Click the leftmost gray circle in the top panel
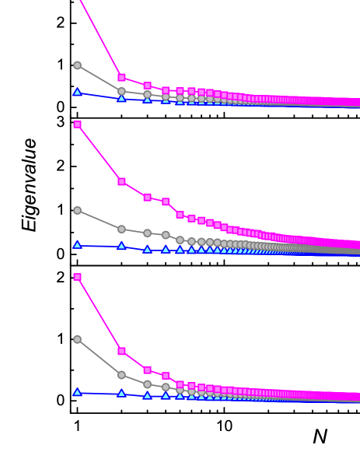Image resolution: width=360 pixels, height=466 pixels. [x=77, y=65]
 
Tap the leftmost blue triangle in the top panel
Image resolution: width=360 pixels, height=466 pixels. [x=77, y=92]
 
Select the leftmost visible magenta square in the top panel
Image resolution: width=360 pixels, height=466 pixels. [x=121, y=77]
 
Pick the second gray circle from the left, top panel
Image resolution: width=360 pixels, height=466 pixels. [x=121, y=91]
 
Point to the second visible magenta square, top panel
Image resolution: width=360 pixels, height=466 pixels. [x=147, y=86]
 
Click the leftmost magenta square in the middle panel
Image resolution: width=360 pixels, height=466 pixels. [x=77, y=124]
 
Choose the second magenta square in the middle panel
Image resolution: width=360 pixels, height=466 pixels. [x=121, y=181]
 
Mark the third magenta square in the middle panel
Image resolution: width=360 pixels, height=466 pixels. [x=147, y=197]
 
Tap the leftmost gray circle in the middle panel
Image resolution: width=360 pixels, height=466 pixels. [x=77, y=210]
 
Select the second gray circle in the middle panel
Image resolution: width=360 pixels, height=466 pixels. [x=121, y=229]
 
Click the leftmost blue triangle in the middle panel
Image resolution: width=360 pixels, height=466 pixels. [x=77, y=244]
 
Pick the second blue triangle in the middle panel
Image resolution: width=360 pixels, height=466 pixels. [x=121, y=246]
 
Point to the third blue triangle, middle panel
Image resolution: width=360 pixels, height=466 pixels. [x=147, y=249]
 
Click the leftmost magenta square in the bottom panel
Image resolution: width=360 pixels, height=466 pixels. [x=77, y=277]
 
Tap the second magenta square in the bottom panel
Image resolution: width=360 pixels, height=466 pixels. [x=121, y=351]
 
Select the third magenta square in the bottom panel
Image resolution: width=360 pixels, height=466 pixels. [x=147, y=370]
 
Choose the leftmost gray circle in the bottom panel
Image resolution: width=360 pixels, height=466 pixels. [x=77, y=339]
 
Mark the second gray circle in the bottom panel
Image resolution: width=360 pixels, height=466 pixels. [x=121, y=375]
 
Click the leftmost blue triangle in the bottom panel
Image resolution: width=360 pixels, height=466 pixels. [x=77, y=392]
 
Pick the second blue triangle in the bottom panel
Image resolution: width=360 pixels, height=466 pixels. [x=121, y=394]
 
